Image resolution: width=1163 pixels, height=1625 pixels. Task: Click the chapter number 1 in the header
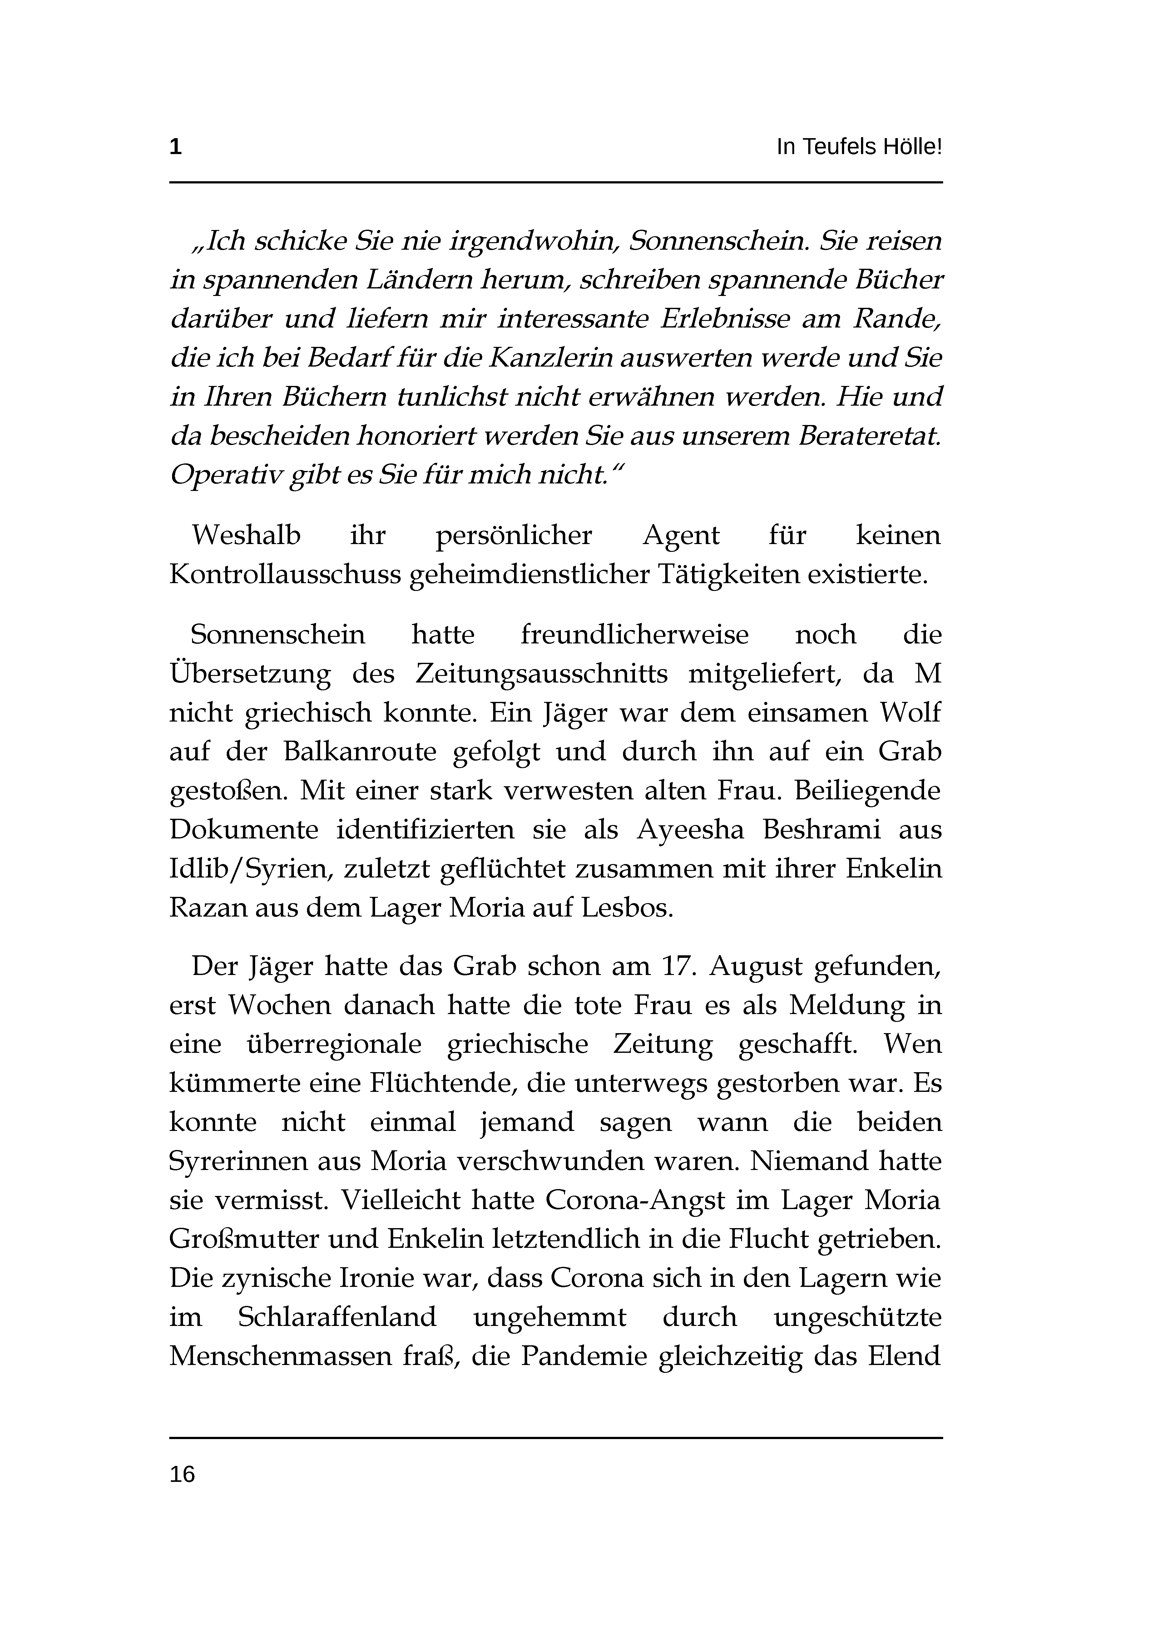pos(176,147)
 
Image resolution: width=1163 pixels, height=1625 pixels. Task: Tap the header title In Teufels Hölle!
pos(859,147)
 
